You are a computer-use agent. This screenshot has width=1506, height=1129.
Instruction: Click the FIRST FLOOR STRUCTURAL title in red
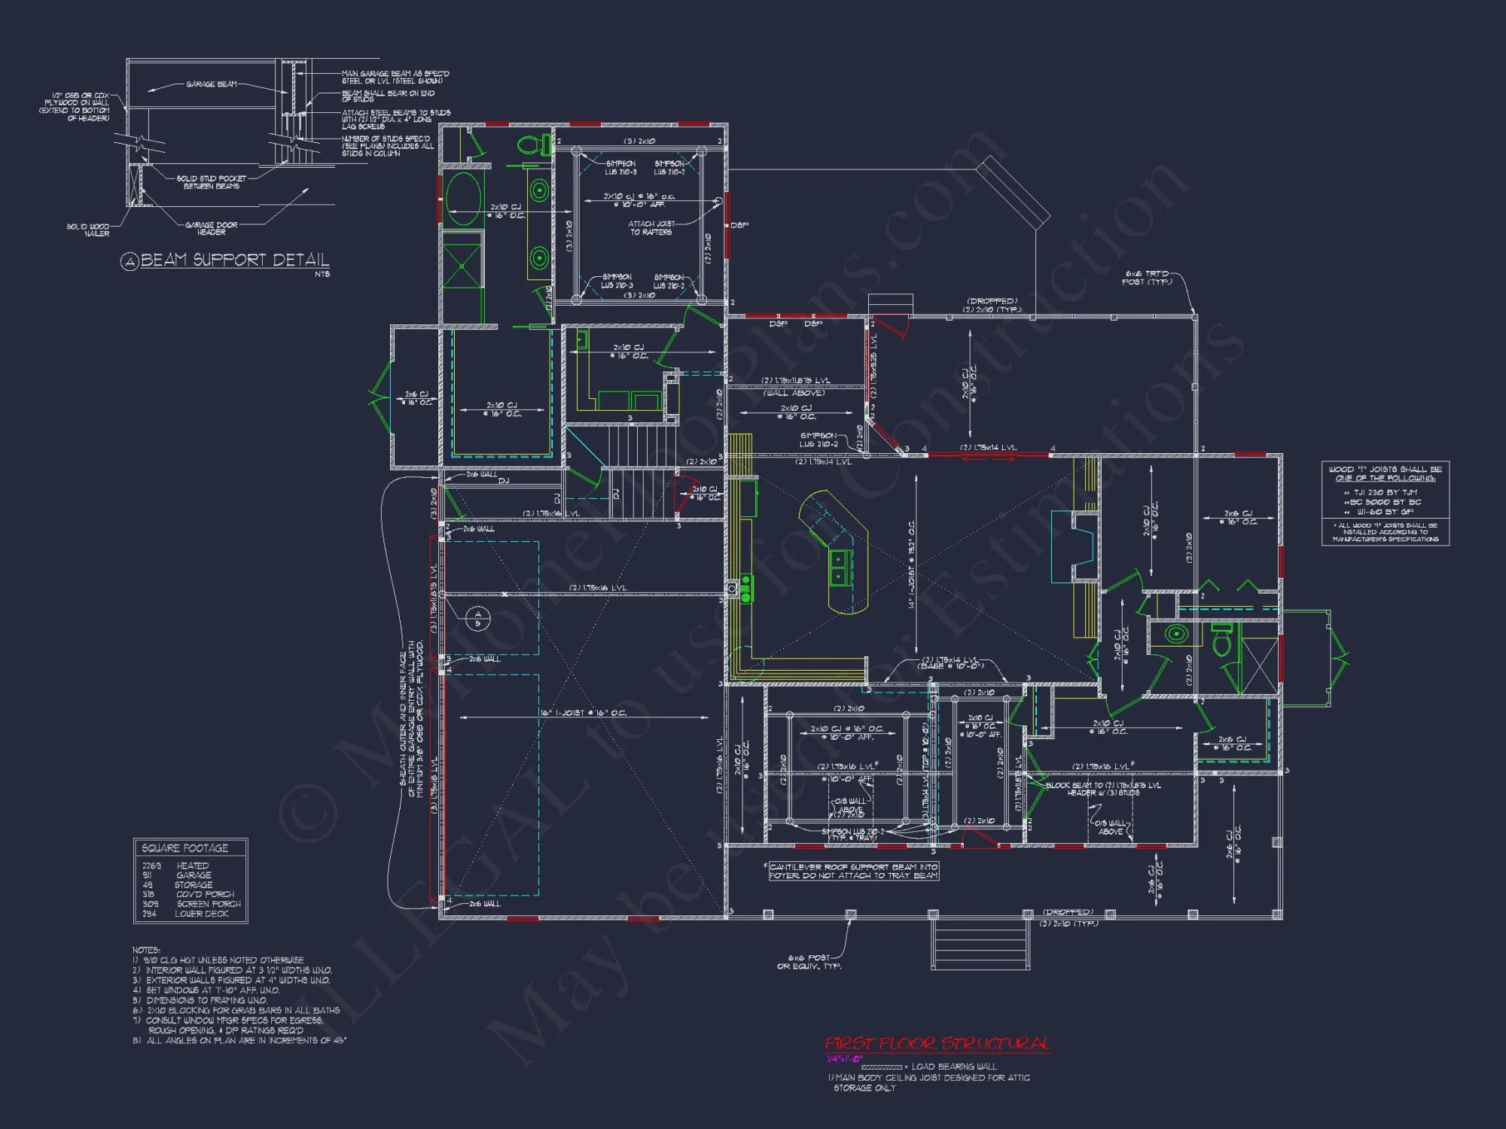[937, 1043]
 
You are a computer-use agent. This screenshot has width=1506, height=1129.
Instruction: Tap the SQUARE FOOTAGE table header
[185, 848]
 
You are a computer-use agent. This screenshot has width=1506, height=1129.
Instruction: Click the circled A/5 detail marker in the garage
[477, 619]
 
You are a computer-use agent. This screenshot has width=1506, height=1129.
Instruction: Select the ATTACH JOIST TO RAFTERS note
[651, 228]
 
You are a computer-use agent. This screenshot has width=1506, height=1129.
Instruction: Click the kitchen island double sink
[840, 567]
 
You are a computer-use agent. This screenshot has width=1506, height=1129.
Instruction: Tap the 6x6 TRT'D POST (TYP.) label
[1147, 278]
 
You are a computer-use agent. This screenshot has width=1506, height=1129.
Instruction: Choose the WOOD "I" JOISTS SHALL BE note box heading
[1385, 473]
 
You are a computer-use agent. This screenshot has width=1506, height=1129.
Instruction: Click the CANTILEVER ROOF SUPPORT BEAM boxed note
[853, 871]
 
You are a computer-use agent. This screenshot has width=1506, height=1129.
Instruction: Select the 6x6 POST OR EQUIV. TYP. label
[809, 962]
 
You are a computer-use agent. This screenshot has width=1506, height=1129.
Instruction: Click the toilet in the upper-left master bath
[534, 144]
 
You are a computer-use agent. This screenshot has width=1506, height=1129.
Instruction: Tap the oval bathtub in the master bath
[464, 198]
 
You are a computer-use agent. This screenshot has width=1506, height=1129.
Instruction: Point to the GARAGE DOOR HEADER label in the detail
[211, 228]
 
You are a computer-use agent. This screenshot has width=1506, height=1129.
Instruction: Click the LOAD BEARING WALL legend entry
[953, 1067]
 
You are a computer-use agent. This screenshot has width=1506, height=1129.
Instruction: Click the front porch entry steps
[980, 945]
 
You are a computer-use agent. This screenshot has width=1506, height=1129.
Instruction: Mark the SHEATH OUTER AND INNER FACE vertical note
[411, 719]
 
